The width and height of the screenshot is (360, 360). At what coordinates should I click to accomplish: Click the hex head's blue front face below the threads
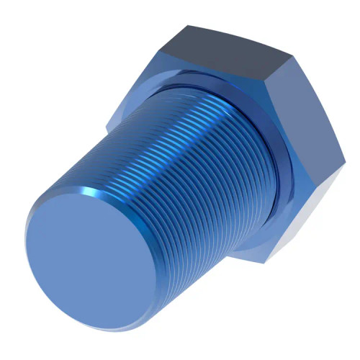[245, 238]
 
